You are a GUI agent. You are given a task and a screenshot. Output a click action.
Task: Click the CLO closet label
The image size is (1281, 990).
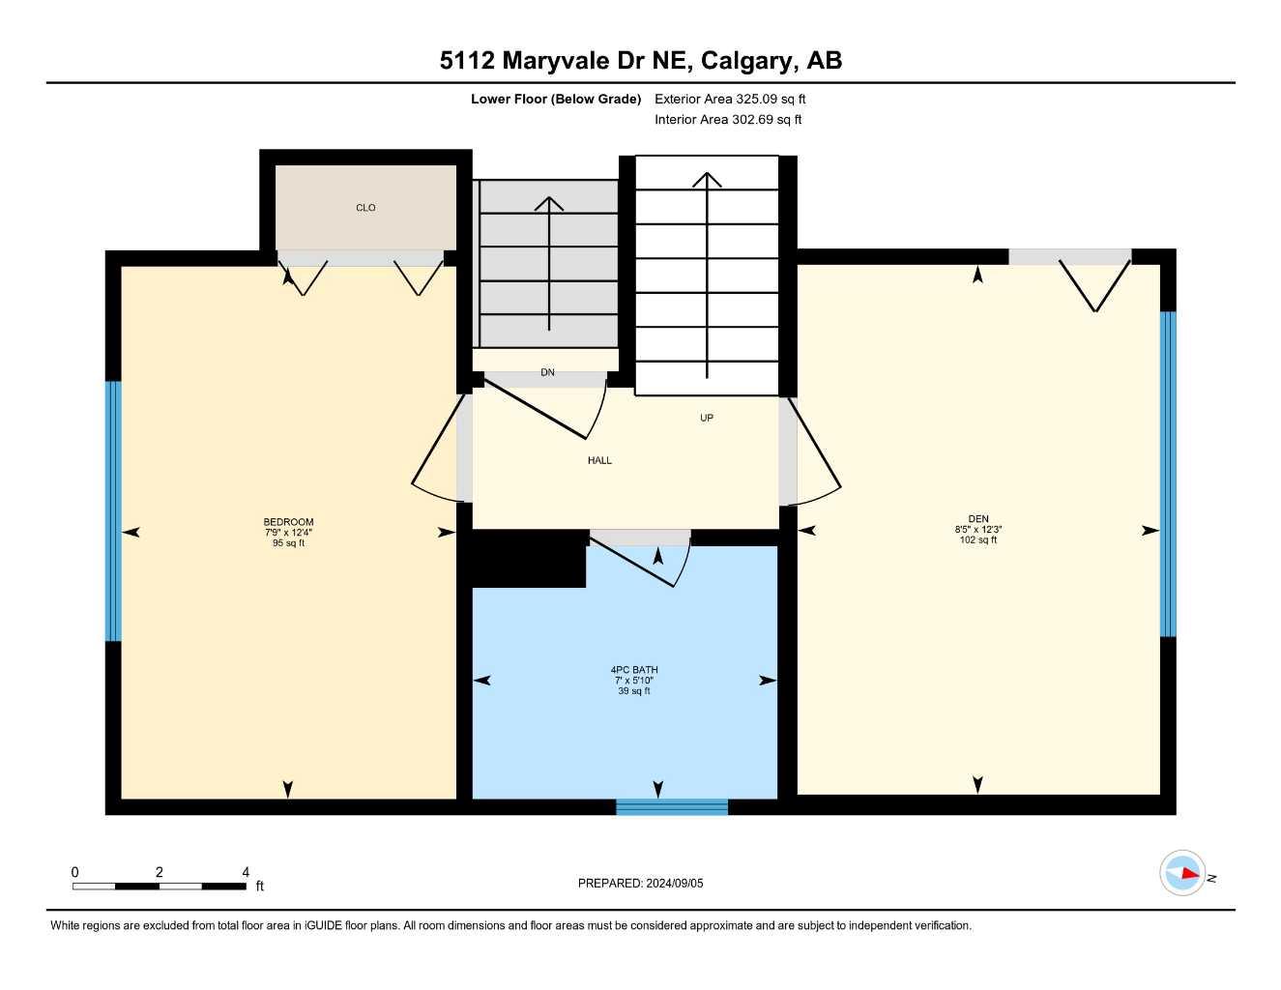[365, 208]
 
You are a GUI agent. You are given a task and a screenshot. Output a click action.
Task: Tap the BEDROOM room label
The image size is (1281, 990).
[288, 522]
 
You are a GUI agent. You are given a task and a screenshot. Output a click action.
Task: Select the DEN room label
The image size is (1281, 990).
[978, 519]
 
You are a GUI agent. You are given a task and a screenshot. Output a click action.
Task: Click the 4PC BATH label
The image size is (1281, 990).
[634, 670]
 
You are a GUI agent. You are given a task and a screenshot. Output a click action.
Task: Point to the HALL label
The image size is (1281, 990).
[599, 461]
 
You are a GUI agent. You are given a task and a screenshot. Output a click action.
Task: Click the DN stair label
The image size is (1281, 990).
[548, 373]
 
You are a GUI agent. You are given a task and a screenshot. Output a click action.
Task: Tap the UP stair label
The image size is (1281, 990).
[707, 419]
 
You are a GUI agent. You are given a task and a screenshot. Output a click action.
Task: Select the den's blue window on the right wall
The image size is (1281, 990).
[1168, 474]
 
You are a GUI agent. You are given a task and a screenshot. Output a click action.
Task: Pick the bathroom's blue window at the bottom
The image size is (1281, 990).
[672, 807]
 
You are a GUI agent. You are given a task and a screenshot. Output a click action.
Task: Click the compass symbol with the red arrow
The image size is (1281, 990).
[1182, 874]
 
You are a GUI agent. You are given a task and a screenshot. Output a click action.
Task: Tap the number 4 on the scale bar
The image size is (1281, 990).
[246, 872]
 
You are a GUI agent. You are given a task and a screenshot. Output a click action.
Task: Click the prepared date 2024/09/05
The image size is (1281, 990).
[675, 884]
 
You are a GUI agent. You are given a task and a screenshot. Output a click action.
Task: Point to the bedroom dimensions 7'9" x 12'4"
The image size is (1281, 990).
[288, 533]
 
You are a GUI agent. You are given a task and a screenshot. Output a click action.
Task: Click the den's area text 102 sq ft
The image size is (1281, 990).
[978, 540]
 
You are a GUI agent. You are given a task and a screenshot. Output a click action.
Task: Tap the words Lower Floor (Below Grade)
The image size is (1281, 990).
[556, 99]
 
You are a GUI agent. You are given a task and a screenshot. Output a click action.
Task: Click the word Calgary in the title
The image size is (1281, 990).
[745, 61]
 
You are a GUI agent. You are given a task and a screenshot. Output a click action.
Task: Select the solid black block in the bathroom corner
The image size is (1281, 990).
[528, 560]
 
